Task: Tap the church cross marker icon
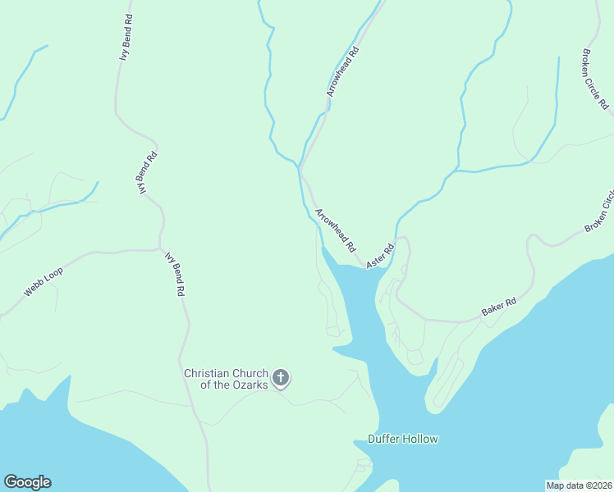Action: point(281,379)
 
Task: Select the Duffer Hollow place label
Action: point(402,439)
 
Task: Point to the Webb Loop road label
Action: point(43,281)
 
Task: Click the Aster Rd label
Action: point(381,255)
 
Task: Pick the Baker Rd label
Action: point(498,307)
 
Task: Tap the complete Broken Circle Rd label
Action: point(595,79)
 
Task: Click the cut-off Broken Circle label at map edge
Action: point(599,212)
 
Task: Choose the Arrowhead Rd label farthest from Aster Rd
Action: point(342,72)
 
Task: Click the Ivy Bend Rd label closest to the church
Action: point(174,274)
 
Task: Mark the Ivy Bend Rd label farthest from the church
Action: point(126,37)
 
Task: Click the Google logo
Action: point(27,482)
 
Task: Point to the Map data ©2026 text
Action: point(579,485)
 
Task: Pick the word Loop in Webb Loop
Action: point(54,275)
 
